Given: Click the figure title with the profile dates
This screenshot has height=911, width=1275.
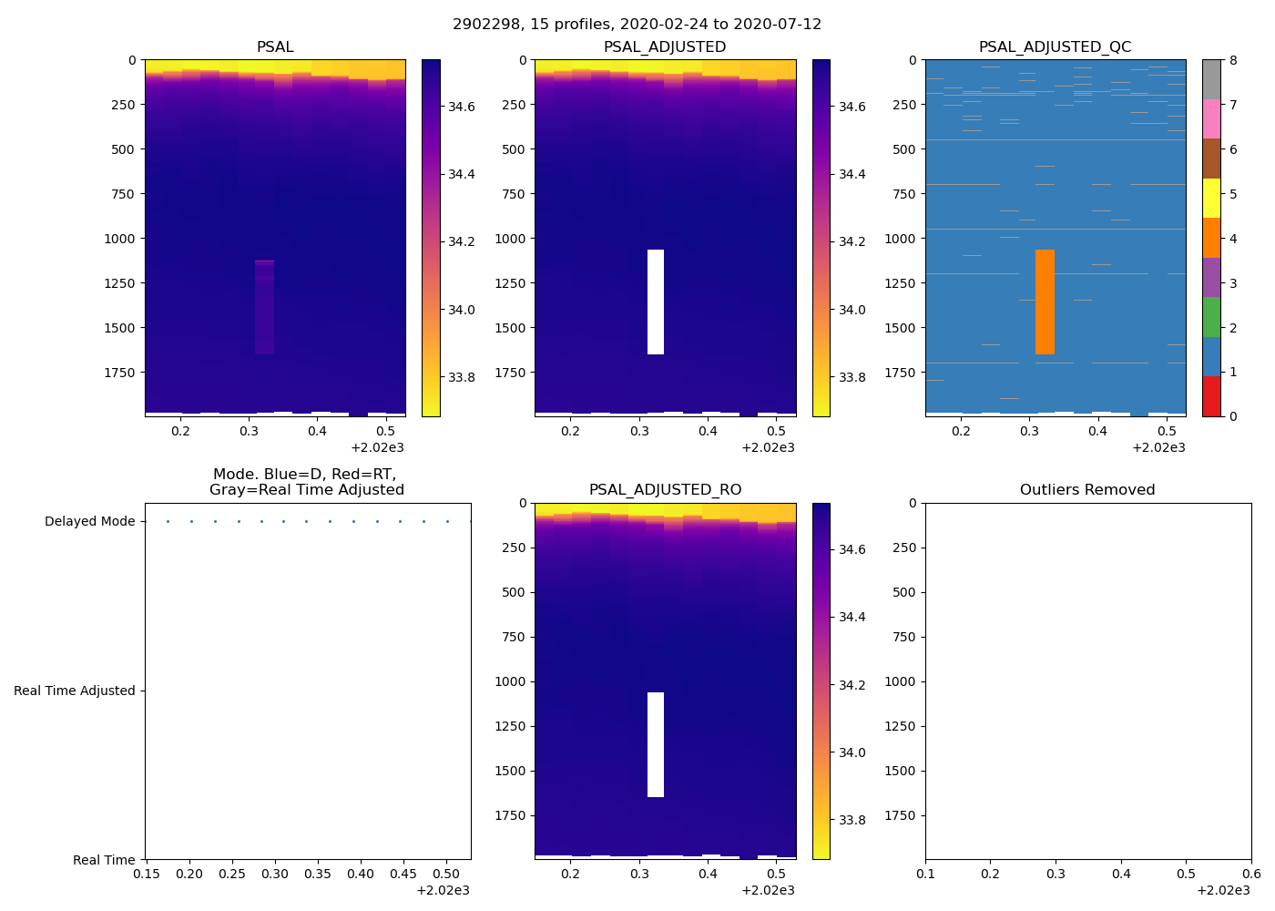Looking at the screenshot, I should [637, 25].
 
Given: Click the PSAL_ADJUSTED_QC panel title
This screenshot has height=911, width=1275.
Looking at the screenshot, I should [1055, 47].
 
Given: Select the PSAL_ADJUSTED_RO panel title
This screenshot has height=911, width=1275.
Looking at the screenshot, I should [665, 490].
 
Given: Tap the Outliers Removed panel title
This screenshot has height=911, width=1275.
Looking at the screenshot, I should [1087, 490].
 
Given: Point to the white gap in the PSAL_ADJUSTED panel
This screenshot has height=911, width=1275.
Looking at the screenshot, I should [656, 302].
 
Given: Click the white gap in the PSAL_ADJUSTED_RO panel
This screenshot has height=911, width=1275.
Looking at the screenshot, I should [656, 744].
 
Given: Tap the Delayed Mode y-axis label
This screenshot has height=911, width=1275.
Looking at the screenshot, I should [89, 522].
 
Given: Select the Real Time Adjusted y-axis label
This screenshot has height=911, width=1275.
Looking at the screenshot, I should [75, 691].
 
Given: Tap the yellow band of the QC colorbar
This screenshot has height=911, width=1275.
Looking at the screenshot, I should [1211, 199].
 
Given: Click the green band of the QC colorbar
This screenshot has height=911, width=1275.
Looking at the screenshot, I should [1211, 317].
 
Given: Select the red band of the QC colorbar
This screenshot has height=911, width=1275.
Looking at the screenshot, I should [1211, 396].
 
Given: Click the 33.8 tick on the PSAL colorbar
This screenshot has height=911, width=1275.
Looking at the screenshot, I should [461, 377].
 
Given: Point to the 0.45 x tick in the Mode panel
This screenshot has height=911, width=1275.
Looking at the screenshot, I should [403, 874].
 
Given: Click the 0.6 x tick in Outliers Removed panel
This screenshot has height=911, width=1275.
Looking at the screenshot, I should [1251, 874].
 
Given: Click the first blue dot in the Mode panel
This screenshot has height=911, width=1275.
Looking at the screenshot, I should [168, 522].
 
